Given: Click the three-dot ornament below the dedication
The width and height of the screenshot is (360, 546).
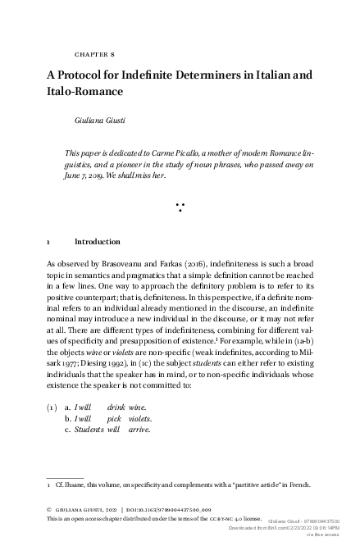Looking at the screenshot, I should click(x=179, y=206).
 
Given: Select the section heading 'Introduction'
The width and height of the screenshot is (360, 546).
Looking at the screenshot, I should click(x=98, y=243).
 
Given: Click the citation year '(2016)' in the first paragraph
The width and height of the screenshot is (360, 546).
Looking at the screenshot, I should click(x=190, y=266).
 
